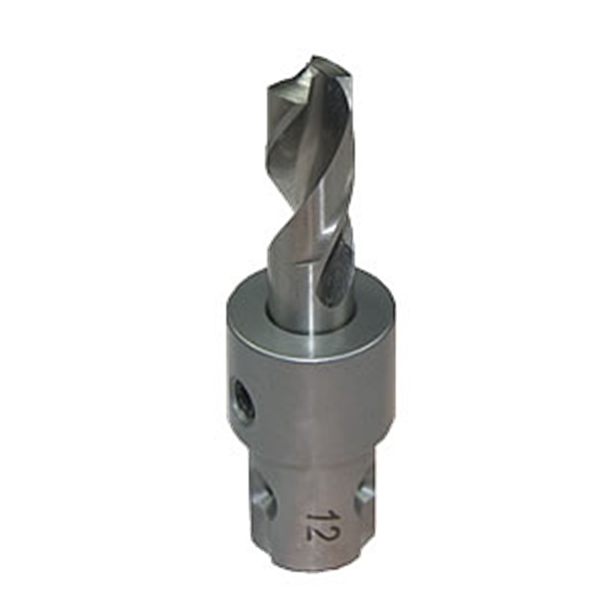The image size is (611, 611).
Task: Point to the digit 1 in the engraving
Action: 316,514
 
